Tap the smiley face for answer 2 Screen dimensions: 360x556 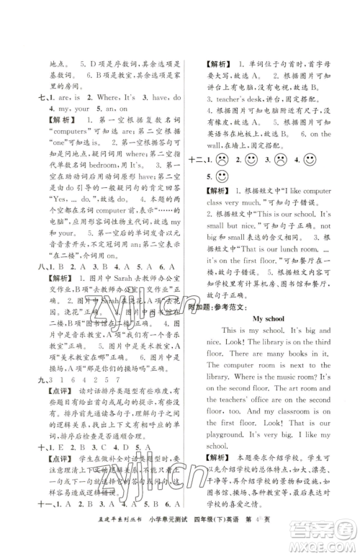pos(252,159)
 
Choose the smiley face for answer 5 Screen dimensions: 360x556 pos(222,176)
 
